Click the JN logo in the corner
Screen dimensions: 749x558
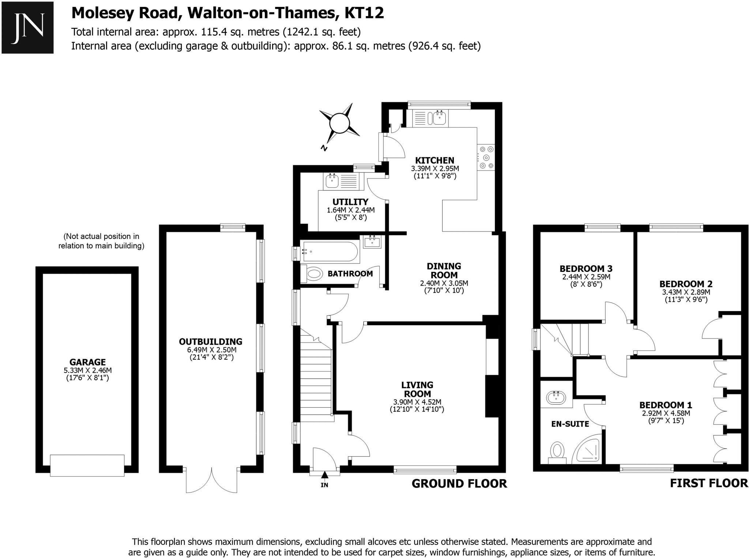(x=27, y=28)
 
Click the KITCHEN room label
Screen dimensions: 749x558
(x=434, y=160)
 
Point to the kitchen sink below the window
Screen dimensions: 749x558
(x=439, y=118)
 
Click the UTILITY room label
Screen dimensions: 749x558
(x=350, y=202)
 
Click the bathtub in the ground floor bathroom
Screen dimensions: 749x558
(x=330, y=252)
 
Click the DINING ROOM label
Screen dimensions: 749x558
(x=444, y=270)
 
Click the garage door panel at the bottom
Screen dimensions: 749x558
(x=87, y=465)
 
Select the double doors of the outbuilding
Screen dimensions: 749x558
(x=211, y=480)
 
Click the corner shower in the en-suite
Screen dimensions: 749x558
(x=587, y=450)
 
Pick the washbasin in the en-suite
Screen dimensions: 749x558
(x=556, y=397)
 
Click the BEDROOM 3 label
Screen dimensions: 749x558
(x=586, y=269)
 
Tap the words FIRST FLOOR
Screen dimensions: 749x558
(x=709, y=483)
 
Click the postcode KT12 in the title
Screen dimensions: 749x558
(x=364, y=13)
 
